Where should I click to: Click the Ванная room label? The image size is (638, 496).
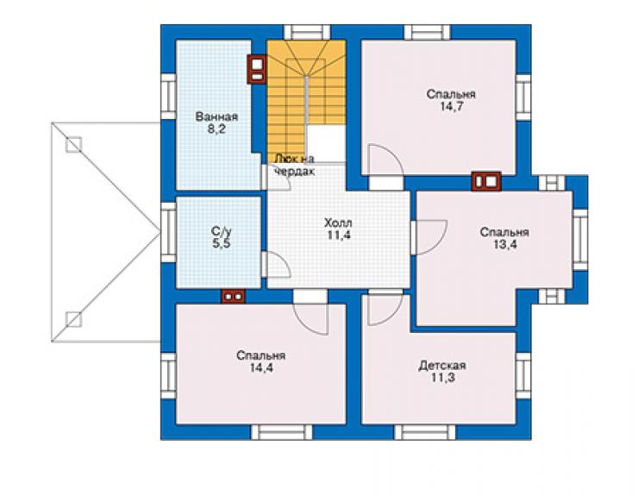click(x=216, y=116)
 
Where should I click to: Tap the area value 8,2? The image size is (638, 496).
click(x=216, y=129)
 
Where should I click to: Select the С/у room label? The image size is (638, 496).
click(x=222, y=232)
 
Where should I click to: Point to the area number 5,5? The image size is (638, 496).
click(x=222, y=243)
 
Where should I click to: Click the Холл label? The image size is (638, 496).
click(x=338, y=223)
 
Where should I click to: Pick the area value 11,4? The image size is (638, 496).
click(x=339, y=235)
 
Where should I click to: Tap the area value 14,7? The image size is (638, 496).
click(x=451, y=106)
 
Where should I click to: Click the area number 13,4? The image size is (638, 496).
click(x=505, y=244)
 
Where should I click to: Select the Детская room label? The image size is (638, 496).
click(x=442, y=365)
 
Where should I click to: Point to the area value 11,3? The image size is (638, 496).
click(x=443, y=378)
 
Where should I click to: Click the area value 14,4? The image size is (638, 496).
click(x=261, y=367)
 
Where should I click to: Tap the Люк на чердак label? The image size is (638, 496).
click(x=294, y=165)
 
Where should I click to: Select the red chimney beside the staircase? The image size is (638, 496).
click(x=257, y=69)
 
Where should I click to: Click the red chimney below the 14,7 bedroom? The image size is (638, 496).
click(x=486, y=181)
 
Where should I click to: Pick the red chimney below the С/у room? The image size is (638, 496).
click(x=233, y=297)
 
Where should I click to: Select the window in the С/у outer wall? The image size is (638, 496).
click(x=168, y=233)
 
